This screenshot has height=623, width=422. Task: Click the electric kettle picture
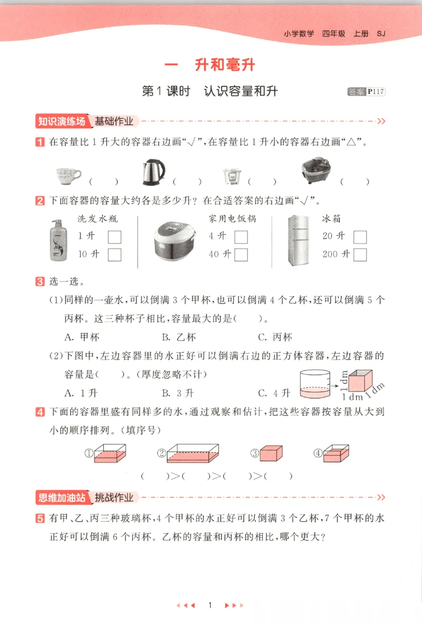tap(153, 173)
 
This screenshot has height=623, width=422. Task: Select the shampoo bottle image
tap(59, 240)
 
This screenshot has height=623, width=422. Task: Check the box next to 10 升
tap(114, 254)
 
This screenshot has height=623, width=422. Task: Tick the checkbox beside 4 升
tap(241, 237)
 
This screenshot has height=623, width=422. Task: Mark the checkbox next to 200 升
tap(360, 254)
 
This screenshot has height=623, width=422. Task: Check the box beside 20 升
tap(360, 237)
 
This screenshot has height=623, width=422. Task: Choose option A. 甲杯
tap(82, 337)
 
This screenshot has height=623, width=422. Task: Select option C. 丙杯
tap(275, 337)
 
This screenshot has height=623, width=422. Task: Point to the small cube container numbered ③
tap(273, 454)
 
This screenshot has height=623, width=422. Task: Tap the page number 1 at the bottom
tap(210, 605)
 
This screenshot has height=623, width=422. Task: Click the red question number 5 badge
tap(40, 519)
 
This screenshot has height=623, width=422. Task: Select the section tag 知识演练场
tap(61, 121)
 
